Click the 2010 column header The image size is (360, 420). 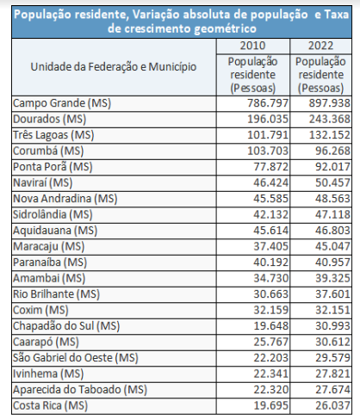pos(252,46)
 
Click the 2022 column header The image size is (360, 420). pos(320,46)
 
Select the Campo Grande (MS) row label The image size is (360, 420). pos(62,103)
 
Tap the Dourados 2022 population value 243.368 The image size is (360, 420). pos(330,119)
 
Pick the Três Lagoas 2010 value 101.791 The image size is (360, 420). pos(268,135)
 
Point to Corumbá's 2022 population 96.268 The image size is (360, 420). pos(332,151)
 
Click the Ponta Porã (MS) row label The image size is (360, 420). pos(53,167)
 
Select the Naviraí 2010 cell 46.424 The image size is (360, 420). pos(270,182)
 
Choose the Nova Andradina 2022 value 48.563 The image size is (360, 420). pos(332,199)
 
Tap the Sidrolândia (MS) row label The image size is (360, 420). pos(53,214)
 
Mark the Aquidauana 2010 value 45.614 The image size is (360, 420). pos(270,231)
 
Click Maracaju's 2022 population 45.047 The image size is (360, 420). pos(332,246)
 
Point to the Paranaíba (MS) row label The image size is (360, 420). pos(50,262)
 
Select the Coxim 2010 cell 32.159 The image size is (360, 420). pos(270,310)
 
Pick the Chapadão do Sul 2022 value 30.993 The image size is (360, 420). pos(332,326)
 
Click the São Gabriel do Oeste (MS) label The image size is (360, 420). pos(76,358)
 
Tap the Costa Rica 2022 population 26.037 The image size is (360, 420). pos(332,405)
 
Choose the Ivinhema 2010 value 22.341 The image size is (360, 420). pos(270,374)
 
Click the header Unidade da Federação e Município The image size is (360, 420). pos(114,67)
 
